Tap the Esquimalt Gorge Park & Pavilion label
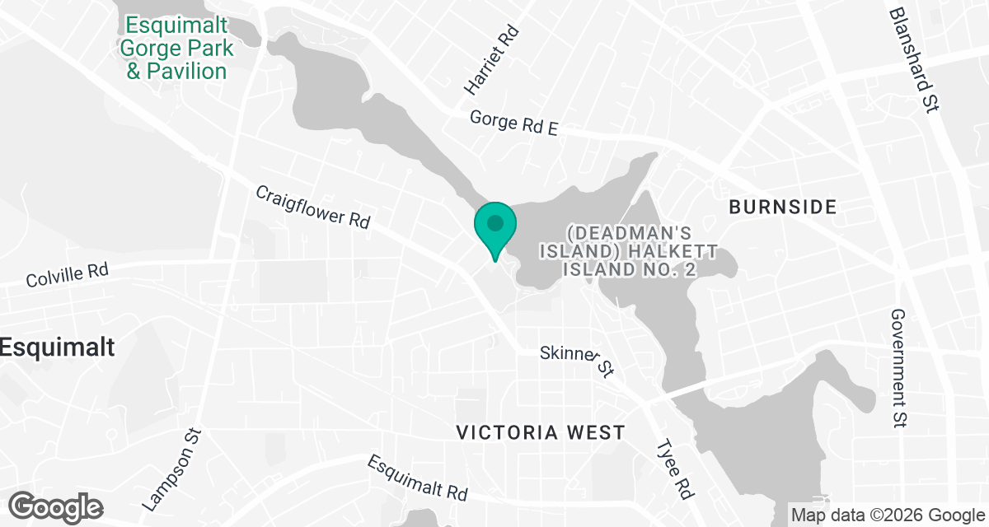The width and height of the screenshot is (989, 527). pyautogui.click(x=176, y=49)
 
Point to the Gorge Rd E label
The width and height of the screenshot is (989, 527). pyautogui.click(x=513, y=124)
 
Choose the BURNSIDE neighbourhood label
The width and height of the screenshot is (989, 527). pyautogui.click(x=782, y=207)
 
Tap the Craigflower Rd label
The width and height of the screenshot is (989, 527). pyautogui.click(x=312, y=207)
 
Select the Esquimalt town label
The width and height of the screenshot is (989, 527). pyautogui.click(x=57, y=347)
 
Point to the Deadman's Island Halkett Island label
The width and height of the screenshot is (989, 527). pyautogui.click(x=635, y=250)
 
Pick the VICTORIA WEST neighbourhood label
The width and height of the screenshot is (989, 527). pyautogui.click(x=541, y=431)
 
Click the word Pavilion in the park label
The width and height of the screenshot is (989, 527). pyautogui.click(x=188, y=71)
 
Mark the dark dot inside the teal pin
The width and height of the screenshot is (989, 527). pyautogui.click(x=494, y=222)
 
